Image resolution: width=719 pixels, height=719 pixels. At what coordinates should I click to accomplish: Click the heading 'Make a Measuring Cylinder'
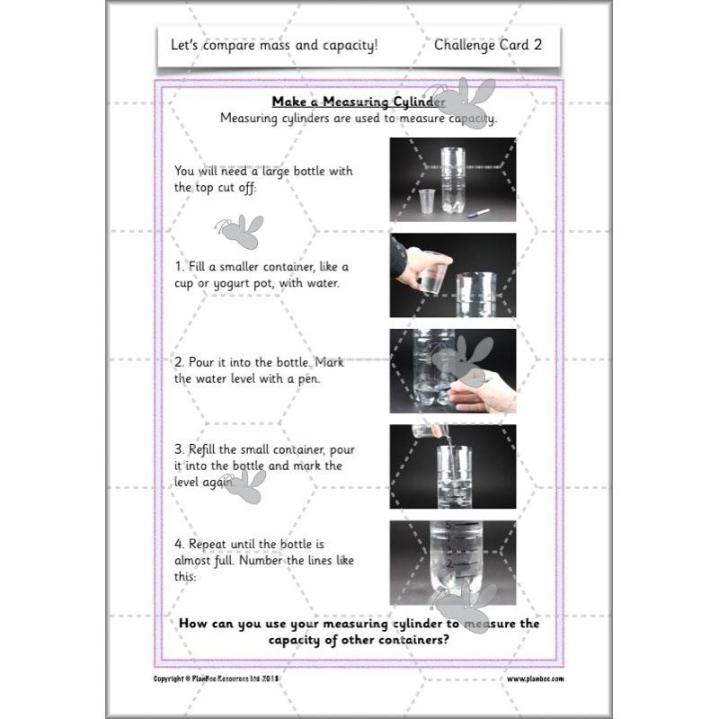[x=359, y=102]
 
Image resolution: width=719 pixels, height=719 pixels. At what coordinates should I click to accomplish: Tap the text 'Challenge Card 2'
[x=487, y=44]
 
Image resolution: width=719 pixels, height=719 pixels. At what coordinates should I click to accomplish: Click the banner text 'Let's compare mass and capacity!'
[x=274, y=44]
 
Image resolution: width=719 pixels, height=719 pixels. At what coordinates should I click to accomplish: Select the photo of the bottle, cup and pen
[x=452, y=179]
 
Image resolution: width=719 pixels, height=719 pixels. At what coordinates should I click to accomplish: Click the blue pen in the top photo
[x=478, y=212]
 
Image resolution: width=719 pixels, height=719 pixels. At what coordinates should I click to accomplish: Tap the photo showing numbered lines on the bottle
[x=452, y=563]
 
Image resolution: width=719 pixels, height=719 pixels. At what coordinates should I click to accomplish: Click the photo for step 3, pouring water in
[x=452, y=466]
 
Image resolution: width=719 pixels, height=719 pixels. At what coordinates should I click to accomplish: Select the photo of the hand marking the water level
[x=452, y=370]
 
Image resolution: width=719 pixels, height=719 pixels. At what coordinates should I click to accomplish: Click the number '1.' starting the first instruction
[x=180, y=267]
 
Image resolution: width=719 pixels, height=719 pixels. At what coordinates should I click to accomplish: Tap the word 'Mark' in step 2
[x=330, y=363]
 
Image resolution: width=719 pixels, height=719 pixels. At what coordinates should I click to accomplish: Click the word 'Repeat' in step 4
[x=208, y=545]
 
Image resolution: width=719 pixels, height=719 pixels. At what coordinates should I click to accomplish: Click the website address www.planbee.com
[x=536, y=679]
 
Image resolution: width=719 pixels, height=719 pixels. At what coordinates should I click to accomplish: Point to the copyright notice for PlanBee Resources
[x=217, y=679]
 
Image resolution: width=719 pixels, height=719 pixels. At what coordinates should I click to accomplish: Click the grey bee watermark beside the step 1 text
[x=239, y=232]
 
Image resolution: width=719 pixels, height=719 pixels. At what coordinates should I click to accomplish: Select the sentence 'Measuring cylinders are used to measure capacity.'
[x=359, y=118]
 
